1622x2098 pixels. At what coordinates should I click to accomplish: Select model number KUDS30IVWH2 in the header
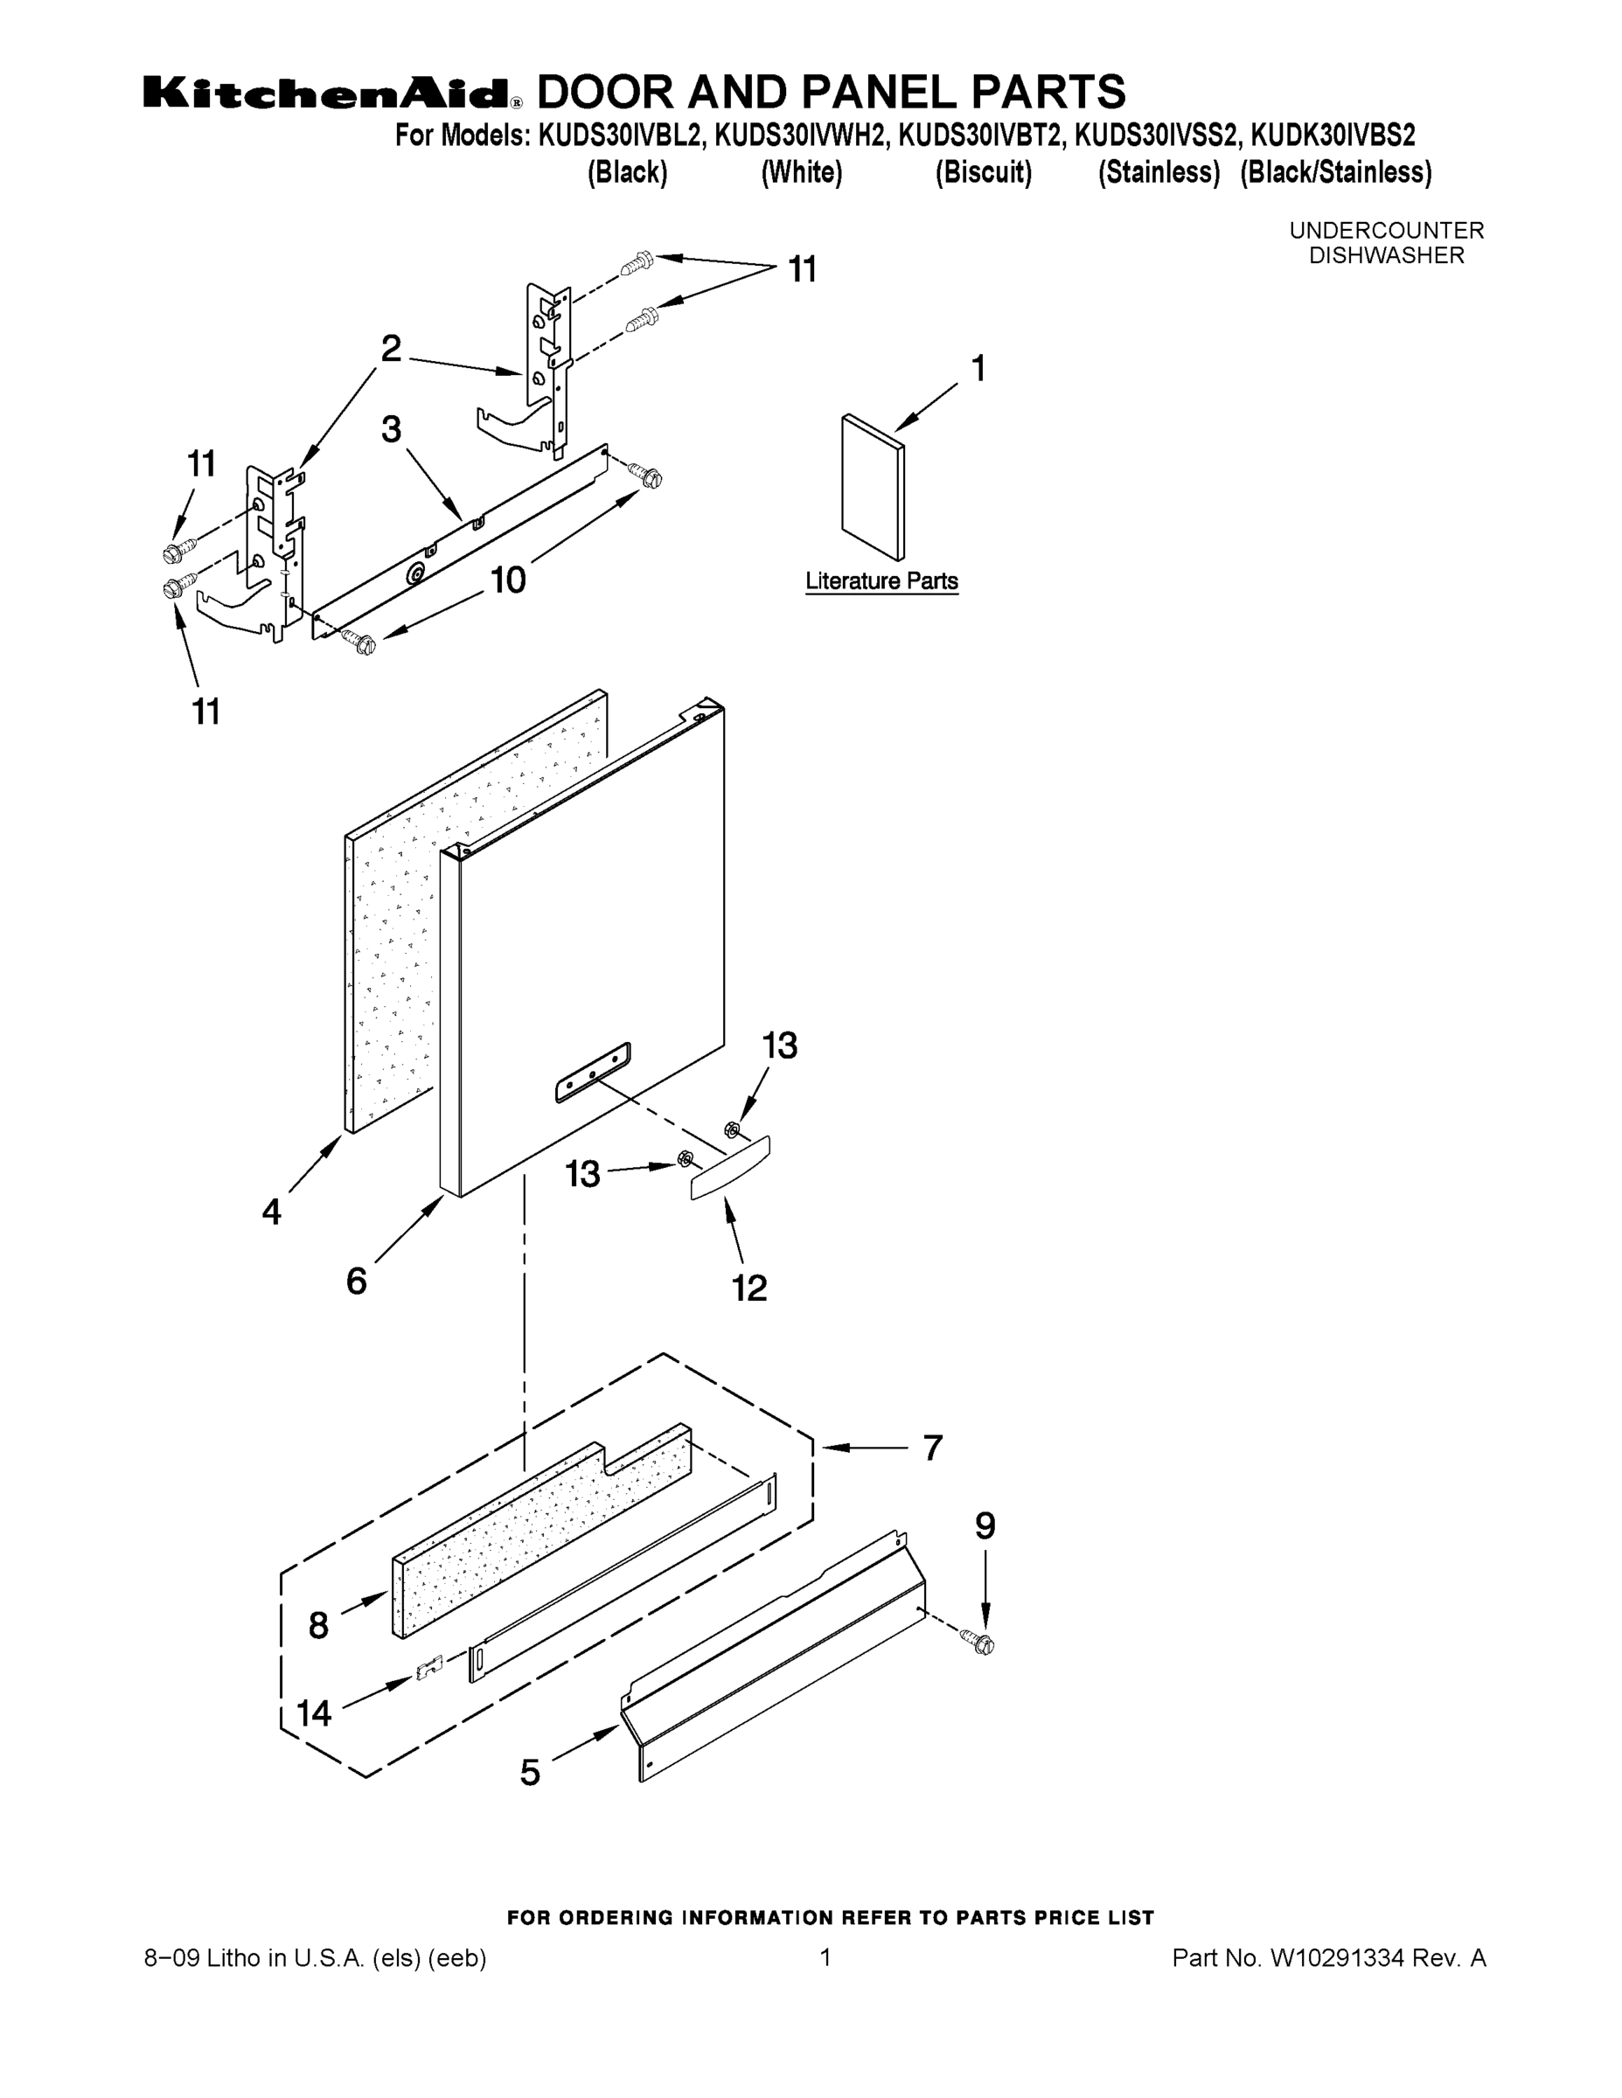click(799, 135)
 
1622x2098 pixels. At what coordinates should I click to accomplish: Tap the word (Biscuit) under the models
click(983, 173)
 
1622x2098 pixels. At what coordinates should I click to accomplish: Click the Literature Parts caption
click(881, 581)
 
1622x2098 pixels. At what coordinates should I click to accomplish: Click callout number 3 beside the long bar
click(390, 429)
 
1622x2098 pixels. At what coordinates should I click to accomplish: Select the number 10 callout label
click(507, 580)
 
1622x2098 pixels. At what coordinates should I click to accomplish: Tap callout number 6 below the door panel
click(357, 1281)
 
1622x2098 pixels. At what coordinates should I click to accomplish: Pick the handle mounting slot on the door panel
click(593, 1071)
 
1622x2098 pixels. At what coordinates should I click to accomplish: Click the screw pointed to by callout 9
click(983, 1643)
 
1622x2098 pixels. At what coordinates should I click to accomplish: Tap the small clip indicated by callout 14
click(428, 1669)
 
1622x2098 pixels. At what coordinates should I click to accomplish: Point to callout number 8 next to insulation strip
click(319, 1625)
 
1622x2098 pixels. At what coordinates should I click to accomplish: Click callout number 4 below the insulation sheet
click(272, 1212)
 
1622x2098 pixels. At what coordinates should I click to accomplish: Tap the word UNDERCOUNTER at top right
click(1386, 231)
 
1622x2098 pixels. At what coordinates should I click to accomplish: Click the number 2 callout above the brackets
click(390, 348)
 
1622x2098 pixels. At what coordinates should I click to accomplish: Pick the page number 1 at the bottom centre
click(825, 1956)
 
